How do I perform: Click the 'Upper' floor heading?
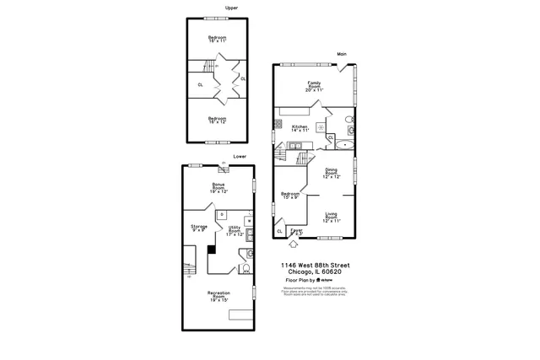click(231, 8)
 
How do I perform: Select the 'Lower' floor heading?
click(240, 156)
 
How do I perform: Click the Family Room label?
click(314, 86)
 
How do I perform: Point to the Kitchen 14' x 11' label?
click(300, 129)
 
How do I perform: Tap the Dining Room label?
click(332, 174)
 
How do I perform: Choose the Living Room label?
click(332, 218)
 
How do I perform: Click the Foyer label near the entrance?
click(297, 231)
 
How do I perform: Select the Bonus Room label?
click(219, 188)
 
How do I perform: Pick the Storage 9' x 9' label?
click(199, 228)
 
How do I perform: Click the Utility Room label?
click(234, 231)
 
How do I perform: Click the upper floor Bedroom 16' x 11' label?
click(219, 39)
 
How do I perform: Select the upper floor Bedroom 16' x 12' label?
click(218, 120)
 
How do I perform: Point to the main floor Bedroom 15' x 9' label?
click(290, 196)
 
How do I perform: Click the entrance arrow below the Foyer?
click(294, 245)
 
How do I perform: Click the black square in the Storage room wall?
click(212, 249)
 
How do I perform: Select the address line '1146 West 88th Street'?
click(316, 266)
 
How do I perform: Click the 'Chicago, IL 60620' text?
click(316, 271)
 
